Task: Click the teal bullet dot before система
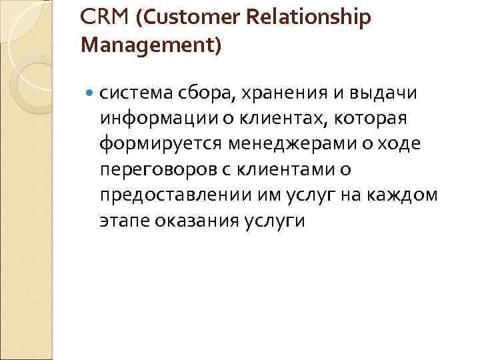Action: pyautogui.click(x=91, y=93)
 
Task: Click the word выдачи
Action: pyautogui.click(x=387, y=93)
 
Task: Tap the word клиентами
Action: pyautogui.click(x=288, y=169)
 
